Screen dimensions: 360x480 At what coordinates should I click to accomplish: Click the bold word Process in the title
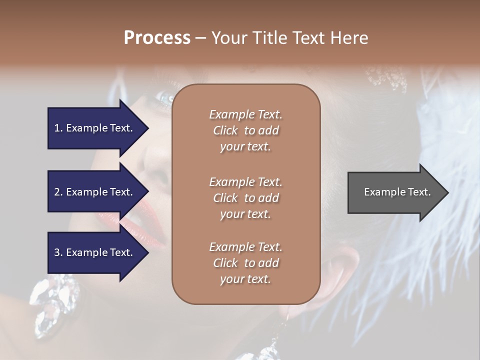[157, 38]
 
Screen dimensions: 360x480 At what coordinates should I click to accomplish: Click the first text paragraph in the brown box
[245, 130]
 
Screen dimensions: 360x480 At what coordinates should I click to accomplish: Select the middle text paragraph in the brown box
[245, 198]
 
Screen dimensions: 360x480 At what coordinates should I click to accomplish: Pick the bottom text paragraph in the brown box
[245, 263]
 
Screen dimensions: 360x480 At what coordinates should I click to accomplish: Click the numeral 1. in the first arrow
[58, 128]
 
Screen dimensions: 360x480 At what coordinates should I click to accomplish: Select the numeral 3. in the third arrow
[58, 252]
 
